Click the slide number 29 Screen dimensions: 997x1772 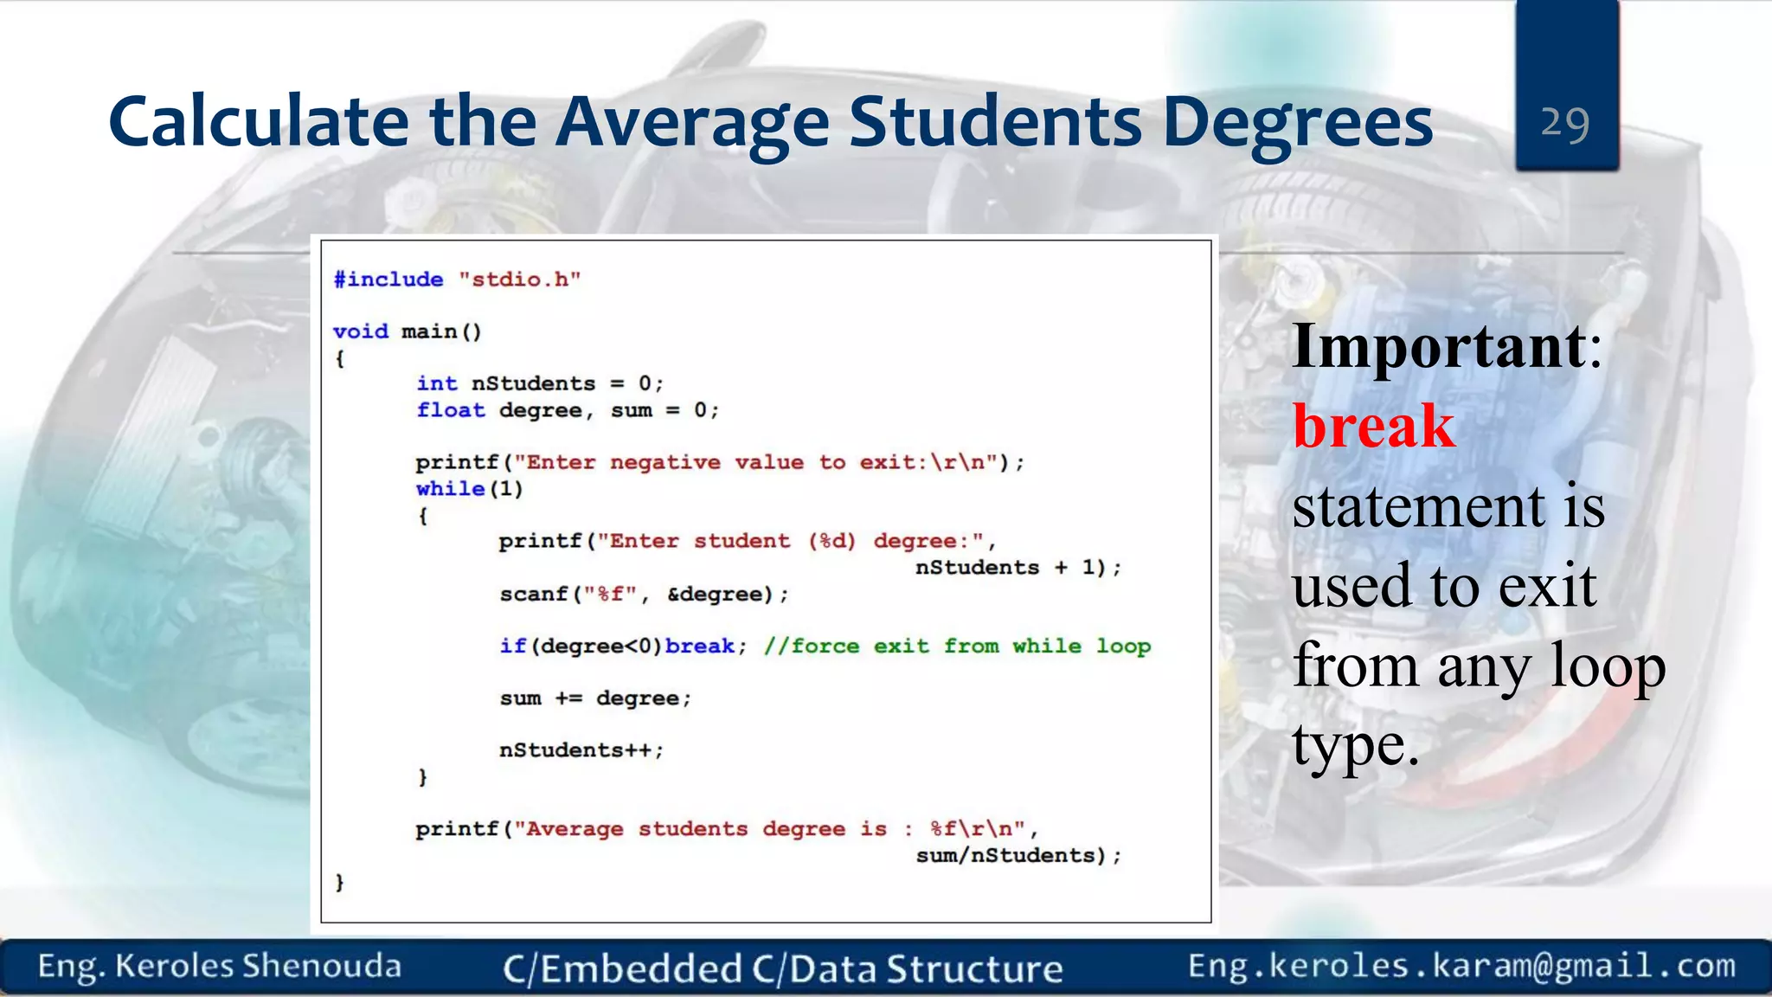[x=1565, y=123]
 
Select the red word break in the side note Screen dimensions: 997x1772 [x=1374, y=426]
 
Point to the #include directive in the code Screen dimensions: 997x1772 [x=388, y=280]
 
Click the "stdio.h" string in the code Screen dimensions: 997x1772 [x=519, y=280]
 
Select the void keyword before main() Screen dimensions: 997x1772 [x=361, y=331]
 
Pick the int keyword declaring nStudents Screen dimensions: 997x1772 [x=437, y=383]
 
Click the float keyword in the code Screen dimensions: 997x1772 [x=451, y=410]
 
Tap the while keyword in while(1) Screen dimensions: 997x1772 [x=450, y=489]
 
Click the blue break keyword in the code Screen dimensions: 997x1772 [x=700, y=646]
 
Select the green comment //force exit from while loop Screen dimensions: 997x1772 [x=957, y=646]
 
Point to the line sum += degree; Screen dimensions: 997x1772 [x=595, y=698]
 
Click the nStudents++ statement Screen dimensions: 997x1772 [x=581, y=750]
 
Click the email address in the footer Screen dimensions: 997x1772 [x=1461, y=966]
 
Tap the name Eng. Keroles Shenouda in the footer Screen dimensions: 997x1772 [x=220, y=967]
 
